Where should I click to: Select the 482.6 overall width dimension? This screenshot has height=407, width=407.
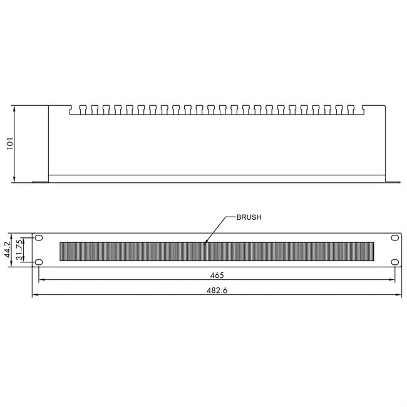coord(215,289)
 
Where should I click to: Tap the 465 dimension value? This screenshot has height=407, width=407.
coord(216,275)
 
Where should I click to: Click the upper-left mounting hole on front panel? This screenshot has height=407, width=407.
coord(39,239)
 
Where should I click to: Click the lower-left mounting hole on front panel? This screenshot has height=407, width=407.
coord(39,262)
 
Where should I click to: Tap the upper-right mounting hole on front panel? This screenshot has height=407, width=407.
coord(394,239)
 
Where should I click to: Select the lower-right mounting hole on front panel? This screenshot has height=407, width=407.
coord(394,262)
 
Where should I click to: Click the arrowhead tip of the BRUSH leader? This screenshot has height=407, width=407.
coord(205,242)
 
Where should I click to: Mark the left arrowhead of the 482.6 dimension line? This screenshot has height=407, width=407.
coord(33,295)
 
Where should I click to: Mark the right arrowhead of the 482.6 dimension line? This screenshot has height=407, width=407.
coord(399,295)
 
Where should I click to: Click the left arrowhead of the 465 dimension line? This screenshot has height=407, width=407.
coord(40,281)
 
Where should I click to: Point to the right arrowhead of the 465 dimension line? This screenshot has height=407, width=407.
coord(394,281)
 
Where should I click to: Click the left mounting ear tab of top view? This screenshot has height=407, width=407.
coord(40,182)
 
